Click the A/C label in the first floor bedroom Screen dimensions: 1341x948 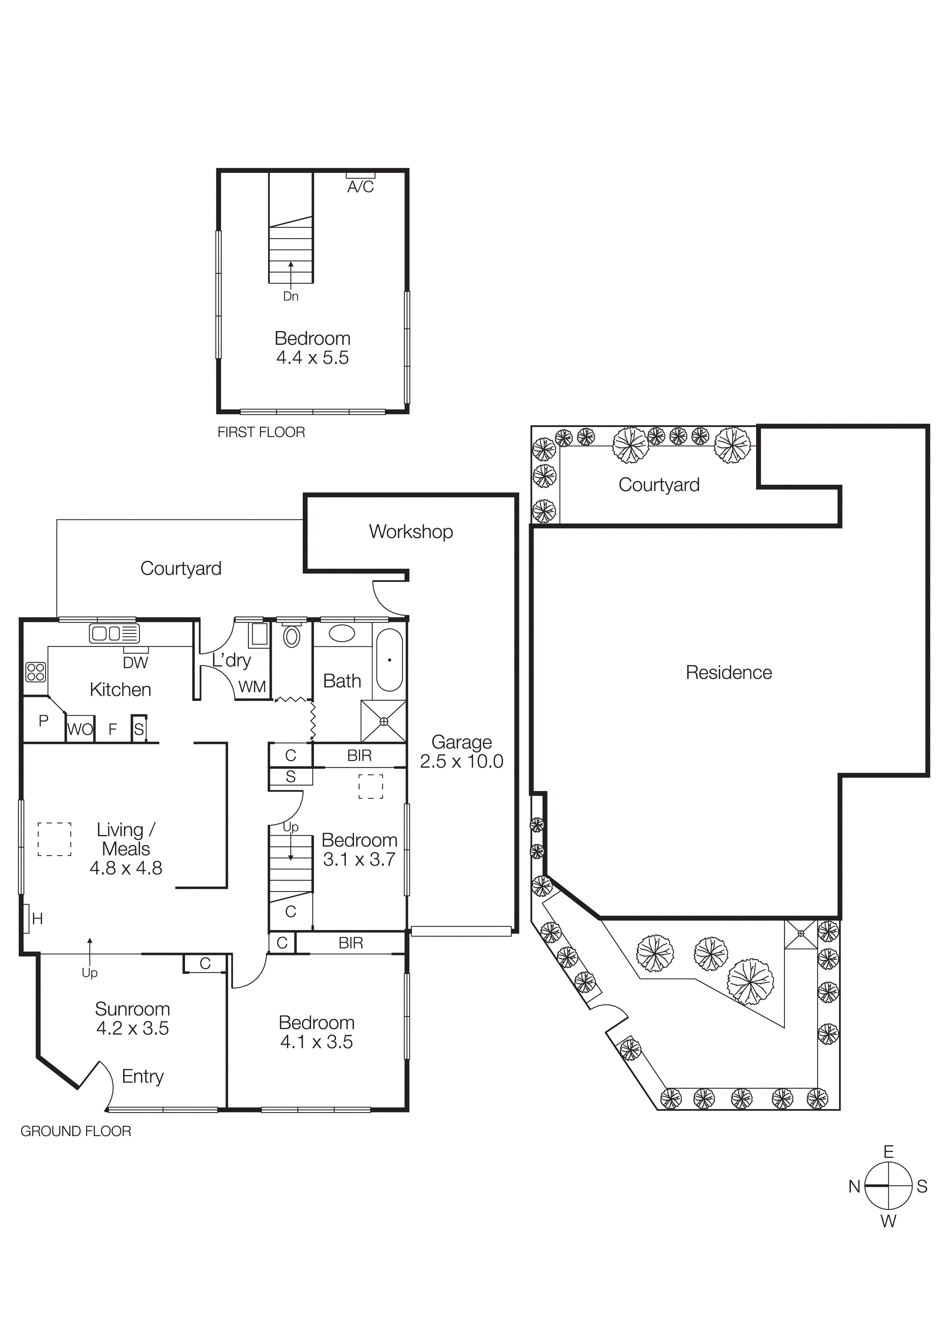coord(360,187)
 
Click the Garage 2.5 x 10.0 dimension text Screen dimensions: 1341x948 coord(461,761)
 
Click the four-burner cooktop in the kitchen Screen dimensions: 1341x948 coord(36,672)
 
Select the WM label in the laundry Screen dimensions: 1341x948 coord(252,687)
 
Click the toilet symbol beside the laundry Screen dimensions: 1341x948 coord(291,636)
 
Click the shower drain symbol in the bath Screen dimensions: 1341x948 coord(384,722)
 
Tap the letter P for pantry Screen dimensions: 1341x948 coord(43,721)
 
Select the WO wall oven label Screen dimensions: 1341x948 coord(80,729)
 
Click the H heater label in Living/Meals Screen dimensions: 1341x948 coord(37,919)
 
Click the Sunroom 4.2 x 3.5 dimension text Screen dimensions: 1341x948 coord(133,1029)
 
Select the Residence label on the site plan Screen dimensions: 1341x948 coord(728,673)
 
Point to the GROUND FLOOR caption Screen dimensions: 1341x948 coord(76,1131)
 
